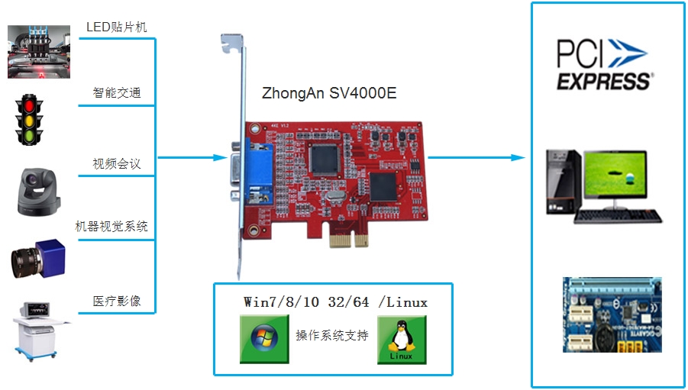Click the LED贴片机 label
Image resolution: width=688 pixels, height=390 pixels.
click(x=117, y=27)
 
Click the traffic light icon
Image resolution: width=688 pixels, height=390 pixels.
click(x=31, y=121)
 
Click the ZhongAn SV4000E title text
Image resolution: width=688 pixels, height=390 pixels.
click(x=329, y=94)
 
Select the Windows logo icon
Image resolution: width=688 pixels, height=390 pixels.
click(x=263, y=339)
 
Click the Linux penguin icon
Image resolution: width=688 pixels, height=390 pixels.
click(x=401, y=339)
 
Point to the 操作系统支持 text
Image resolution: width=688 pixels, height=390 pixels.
click(x=331, y=336)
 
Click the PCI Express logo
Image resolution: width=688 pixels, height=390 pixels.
click(x=603, y=65)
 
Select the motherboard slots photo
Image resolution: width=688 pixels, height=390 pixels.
click(x=612, y=314)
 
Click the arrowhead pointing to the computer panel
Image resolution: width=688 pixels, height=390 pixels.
click(x=518, y=158)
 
